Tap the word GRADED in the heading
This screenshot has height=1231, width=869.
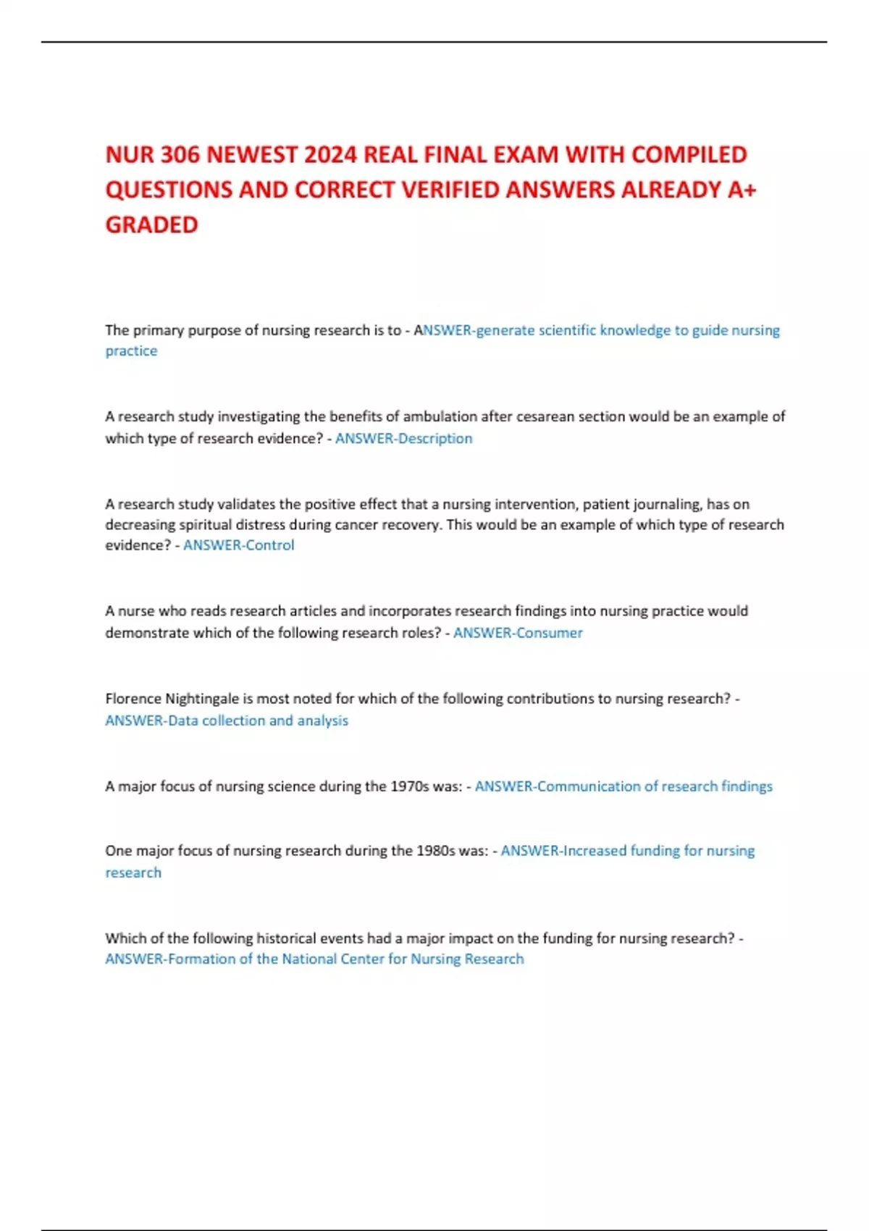[151, 225]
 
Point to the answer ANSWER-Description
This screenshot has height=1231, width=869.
[403, 438]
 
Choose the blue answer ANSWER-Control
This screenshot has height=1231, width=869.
[238, 545]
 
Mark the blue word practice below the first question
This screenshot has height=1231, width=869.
[131, 351]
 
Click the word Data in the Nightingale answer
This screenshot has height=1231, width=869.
[182, 720]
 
